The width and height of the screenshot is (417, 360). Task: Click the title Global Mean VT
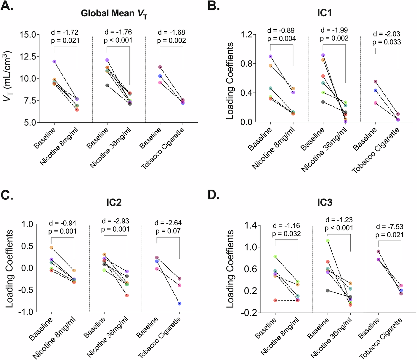[x=114, y=14]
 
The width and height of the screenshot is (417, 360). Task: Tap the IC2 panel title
[x=114, y=202]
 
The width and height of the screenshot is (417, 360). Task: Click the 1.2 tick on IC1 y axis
[x=246, y=35]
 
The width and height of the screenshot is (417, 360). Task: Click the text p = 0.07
[x=168, y=231]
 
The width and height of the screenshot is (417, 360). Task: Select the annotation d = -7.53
[x=389, y=227]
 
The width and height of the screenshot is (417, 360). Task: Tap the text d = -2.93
[x=115, y=221]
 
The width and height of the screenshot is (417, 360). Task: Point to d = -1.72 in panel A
[x=65, y=32]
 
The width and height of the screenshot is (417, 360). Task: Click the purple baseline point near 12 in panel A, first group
[x=54, y=62]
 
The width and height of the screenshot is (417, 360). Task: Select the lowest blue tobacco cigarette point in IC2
[x=179, y=304]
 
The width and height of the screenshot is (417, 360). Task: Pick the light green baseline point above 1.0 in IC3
[x=328, y=241]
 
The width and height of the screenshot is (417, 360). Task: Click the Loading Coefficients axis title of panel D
[x=230, y=269]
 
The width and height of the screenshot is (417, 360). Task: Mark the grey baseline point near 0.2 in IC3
[x=328, y=291]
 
